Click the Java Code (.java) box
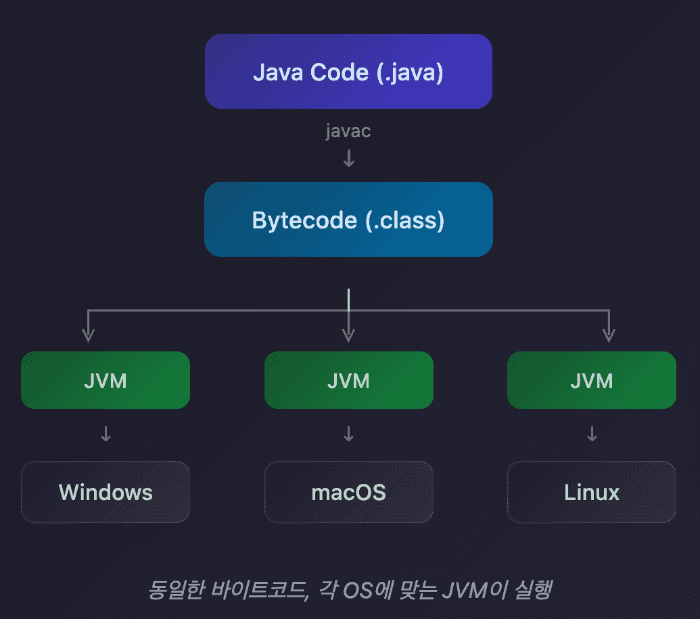point(348,72)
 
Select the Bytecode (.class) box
point(348,220)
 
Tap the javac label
point(348,131)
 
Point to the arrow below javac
point(348,159)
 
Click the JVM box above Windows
point(106,380)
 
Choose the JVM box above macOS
point(348,380)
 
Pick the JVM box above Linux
point(591,380)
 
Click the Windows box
point(106,492)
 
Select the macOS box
point(348,492)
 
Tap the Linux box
point(591,492)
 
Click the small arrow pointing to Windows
point(106,434)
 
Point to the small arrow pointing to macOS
point(348,434)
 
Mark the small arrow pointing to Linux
point(592,434)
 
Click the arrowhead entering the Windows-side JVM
point(88,335)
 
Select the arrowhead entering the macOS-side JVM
point(348,335)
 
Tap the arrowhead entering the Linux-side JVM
point(609,335)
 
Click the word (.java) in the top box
point(410,72)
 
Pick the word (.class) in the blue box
point(405,220)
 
